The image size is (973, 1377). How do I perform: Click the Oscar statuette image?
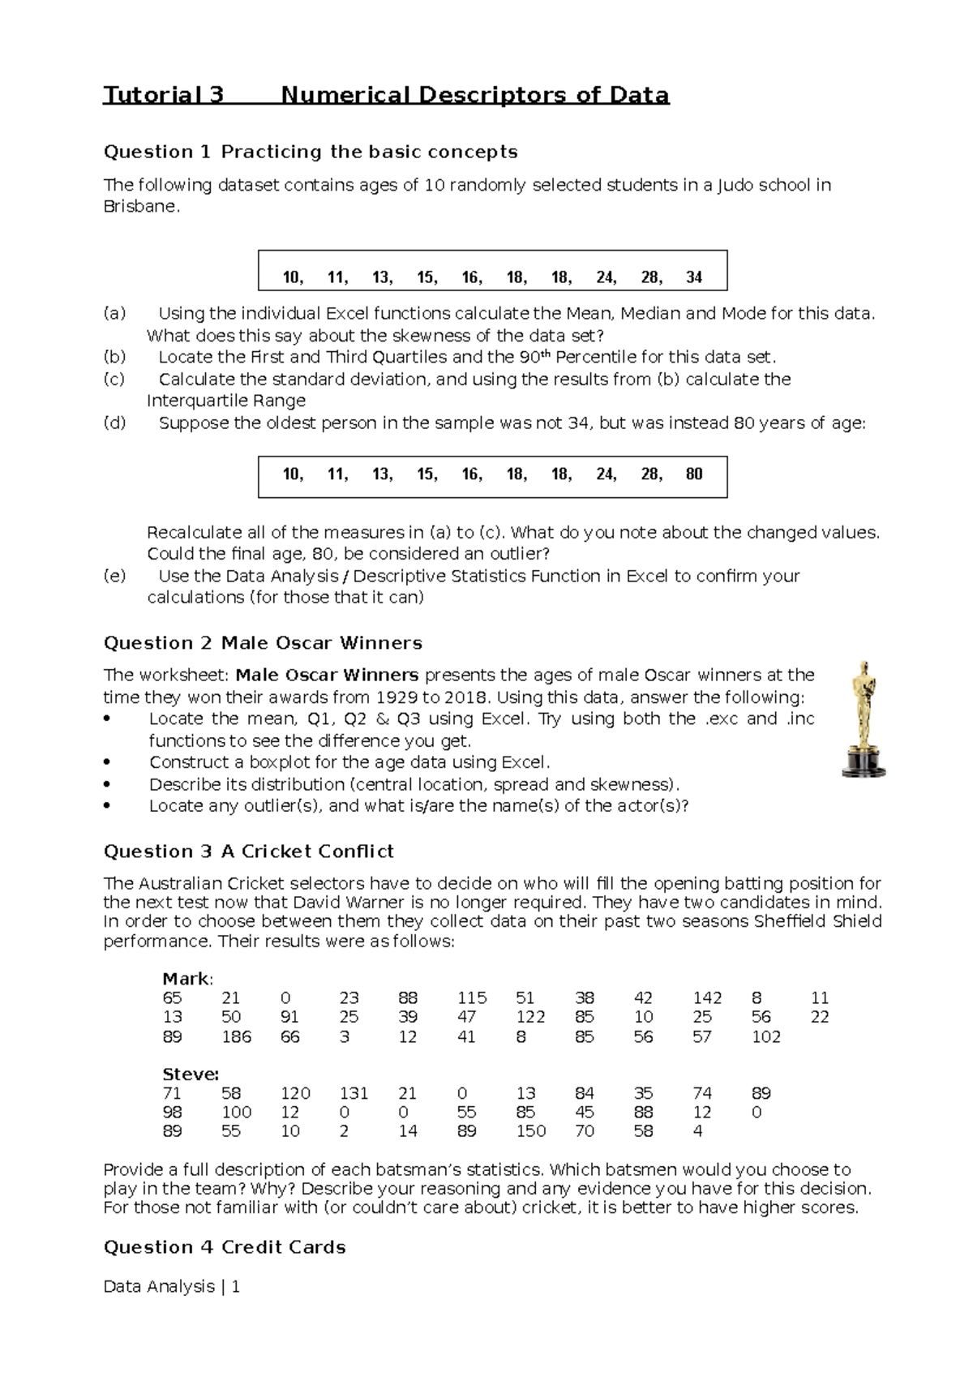click(863, 718)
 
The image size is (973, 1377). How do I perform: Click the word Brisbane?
click(139, 206)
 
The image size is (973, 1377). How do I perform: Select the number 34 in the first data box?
click(693, 277)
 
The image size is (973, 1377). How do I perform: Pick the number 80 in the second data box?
click(693, 474)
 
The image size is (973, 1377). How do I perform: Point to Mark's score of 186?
click(236, 1036)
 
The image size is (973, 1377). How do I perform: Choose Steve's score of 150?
click(530, 1131)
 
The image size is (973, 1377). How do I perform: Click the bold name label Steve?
click(191, 1075)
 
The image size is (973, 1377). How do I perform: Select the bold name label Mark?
click(187, 979)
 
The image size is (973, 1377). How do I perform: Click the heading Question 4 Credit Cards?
click(225, 1247)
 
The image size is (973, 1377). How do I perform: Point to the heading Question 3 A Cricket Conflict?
click(249, 852)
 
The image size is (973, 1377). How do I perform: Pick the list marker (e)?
click(115, 576)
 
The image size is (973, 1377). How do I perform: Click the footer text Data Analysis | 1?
click(172, 1287)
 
